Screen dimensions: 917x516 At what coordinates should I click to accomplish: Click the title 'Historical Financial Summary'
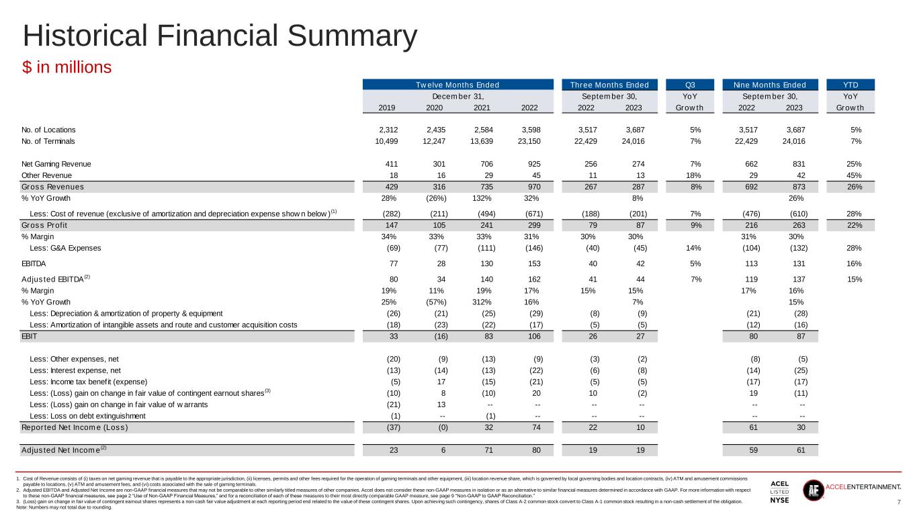pos(220,36)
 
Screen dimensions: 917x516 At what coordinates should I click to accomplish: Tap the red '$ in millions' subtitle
pos(67,67)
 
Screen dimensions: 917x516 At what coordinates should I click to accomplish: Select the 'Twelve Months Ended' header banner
pos(457,85)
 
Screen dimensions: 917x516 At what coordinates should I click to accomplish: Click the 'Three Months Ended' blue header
pos(609,85)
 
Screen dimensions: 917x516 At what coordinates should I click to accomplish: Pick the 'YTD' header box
pos(850,85)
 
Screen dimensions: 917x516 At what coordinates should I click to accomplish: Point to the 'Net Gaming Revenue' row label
pos(56,164)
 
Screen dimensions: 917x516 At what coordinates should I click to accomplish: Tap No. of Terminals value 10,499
pos(386,141)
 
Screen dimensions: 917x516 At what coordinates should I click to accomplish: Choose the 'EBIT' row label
pos(29,336)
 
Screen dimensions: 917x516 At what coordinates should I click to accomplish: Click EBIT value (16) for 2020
pos(441,336)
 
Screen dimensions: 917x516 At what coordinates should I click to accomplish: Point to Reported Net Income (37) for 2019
pos(394,427)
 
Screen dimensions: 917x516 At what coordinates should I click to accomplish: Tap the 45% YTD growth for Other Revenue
pos(854,175)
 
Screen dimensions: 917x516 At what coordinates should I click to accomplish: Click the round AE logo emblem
pos(814,490)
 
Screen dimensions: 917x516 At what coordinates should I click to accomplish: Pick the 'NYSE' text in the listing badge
pos(779,501)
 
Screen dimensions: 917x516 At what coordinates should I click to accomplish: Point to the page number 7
pos(899,502)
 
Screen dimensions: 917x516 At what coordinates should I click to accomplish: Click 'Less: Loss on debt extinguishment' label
pos(87,416)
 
